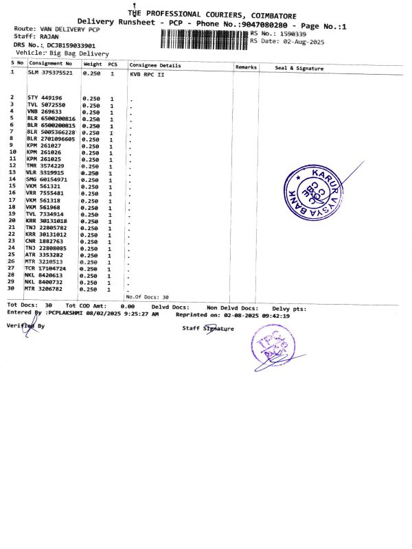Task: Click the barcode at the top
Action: point(204,37)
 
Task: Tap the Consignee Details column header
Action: point(155,66)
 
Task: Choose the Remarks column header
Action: point(246,67)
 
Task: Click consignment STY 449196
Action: point(45,97)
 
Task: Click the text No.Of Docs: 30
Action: point(147,296)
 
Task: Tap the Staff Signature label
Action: point(208,329)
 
